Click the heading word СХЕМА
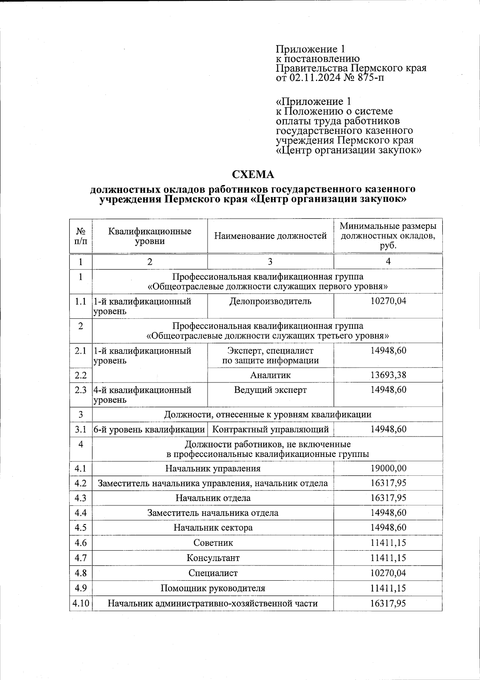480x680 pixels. [254, 175]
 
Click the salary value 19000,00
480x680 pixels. [388, 468]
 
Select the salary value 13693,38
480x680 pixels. [388, 375]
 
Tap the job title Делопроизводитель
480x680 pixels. [270, 301]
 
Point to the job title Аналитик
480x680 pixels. [270, 375]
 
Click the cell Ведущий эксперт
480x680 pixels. [270, 390]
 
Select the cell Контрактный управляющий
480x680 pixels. [270, 429]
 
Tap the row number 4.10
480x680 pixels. [80, 603]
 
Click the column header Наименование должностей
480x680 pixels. [270, 236]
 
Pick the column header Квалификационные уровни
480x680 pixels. [150, 236]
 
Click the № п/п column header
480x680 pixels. [80, 236]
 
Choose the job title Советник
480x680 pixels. [213, 543]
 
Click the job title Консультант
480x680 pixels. [213, 558]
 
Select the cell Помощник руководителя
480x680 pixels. [213, 588]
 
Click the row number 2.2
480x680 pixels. [80, 375]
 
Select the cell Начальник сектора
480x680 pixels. [213, 528]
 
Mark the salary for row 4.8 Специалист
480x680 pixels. [388, 573]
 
